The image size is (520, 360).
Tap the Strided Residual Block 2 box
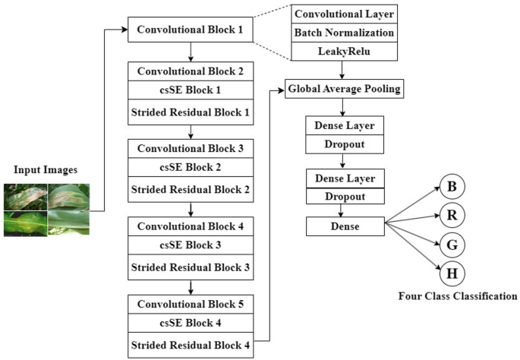(191, 189)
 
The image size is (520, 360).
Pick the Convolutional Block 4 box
(191, 226)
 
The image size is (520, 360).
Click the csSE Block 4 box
(191, 322)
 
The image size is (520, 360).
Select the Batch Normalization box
(344, 33)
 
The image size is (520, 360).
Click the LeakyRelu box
(344, 52)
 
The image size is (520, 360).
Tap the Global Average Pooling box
(344, 90)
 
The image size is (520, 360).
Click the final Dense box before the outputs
(344, 226)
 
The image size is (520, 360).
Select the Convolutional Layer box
(344, 14)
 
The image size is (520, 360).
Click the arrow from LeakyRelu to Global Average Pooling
(344, 70)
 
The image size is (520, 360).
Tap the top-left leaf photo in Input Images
(24, 197)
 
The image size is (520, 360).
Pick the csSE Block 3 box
(191, 245)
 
